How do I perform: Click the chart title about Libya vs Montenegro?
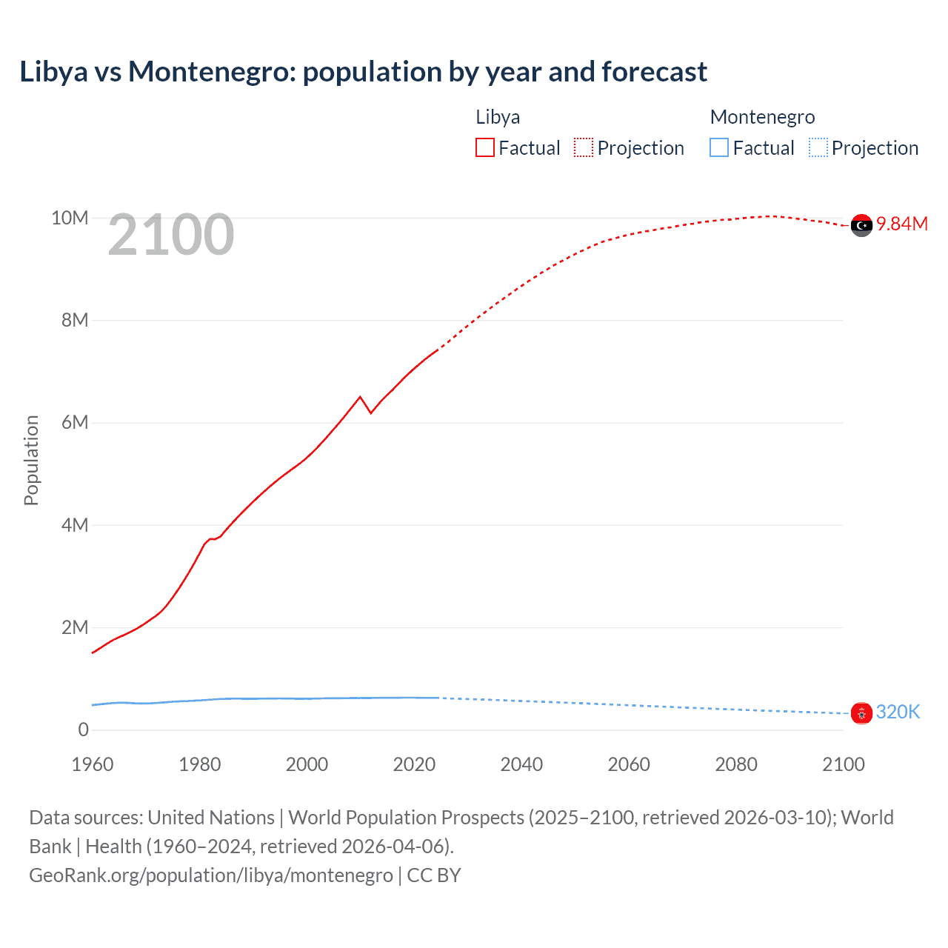pos(363,72)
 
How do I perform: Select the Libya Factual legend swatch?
pos(484,147)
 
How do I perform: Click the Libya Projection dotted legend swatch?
pos(584,147)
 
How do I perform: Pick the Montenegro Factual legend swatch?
pos(718,147)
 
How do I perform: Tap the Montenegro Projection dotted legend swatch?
pos(818,147)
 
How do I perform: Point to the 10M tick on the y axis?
pos(70,218)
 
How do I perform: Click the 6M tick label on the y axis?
pos(75,422)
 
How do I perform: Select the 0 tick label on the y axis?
pos(83,730)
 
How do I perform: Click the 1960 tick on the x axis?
pos(93,764)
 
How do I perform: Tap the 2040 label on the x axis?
pos(521,764)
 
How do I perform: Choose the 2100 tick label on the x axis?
pos(843,764)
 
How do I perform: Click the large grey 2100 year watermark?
pos(171,235)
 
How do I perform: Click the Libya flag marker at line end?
pos(861,225)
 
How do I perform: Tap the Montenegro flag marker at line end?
pos(861,713)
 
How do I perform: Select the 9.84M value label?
pos(901,224)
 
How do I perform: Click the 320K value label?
pos(898,712)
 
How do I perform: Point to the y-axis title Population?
pos(31,460)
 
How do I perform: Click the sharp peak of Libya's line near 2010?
pos(361,397)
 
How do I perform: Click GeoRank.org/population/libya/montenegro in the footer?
pos(211,875)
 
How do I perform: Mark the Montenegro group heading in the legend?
pos(762,117)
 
